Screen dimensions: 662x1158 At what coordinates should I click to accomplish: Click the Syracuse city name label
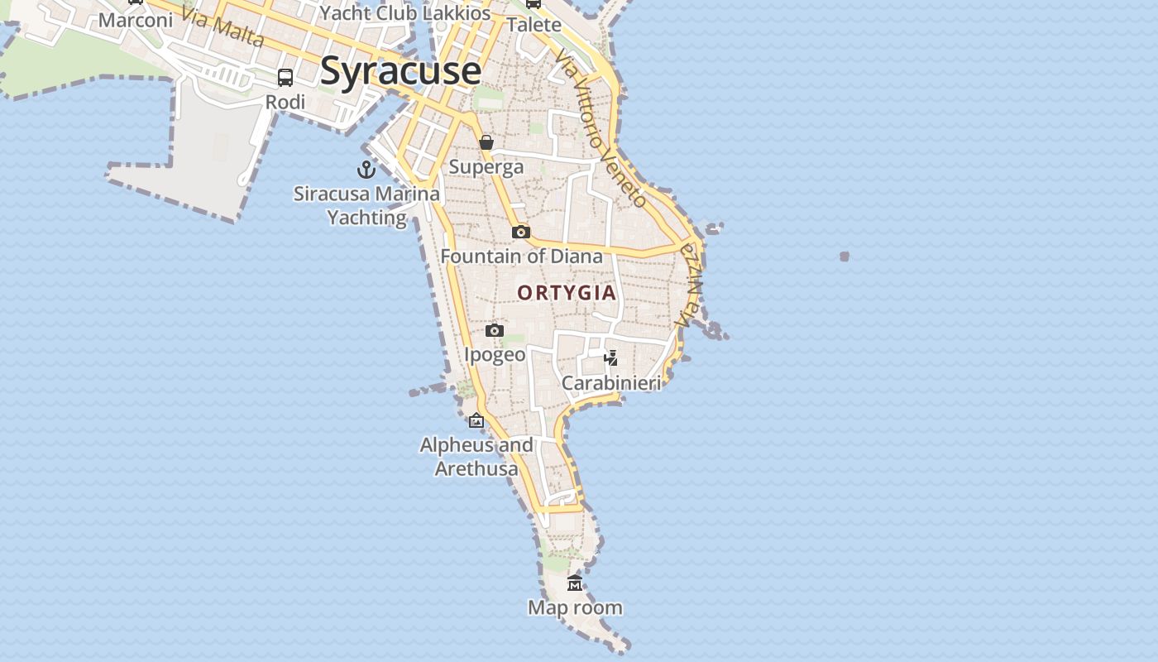pyautogui.click(x=400, y=70)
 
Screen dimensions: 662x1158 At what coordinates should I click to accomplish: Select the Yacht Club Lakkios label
pyautogui.click(x=405, y=13)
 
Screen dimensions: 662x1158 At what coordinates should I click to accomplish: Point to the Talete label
pyautogui.click(x=534, y=25)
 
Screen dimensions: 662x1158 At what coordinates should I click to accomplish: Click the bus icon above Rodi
pyautogui.click(x=285, y=78)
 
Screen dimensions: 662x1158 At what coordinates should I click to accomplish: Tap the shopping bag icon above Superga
pyautogui.click(x=486, y=142)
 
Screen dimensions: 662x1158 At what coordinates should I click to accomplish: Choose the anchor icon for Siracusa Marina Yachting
pyautogui.click(x=366, y=170)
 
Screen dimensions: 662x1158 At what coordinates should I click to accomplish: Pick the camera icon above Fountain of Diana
pyautogui.click(x=520, y=232)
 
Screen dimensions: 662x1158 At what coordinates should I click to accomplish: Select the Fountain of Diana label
pyautogui.click(x=521, y=257)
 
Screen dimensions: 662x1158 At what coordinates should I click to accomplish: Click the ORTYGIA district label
pyautogui.click(x=567, y=293)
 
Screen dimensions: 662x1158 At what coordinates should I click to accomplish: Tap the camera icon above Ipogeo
pyautogui.click(x=495, y=330)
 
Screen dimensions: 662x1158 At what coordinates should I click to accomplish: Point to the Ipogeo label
pyautogui.click(x=495, y=355)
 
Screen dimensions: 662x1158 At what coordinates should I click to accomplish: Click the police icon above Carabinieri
pyautogui.click(x=611, y=358)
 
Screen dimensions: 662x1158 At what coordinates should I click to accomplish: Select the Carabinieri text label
pyautogui.click(x=611, y=383)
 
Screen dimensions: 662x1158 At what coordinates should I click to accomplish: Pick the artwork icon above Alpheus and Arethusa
pyautogui.click(x=476, y=420)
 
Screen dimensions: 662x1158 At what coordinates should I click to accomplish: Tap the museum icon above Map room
pyautogui.click(x=575, y=583)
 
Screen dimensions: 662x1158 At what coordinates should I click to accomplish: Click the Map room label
pyautogui.click(x=575, y=608)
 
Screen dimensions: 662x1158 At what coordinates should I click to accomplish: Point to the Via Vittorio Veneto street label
pyautogui.click(x=601, y=127)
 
